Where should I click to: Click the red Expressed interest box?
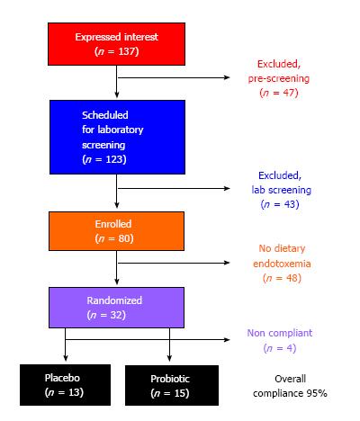click(x=116, y=44)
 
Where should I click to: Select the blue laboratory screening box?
click(x=117, y=137)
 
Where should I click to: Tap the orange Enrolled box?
click(x=116, y=231)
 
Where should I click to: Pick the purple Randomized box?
click(x=116, y=308)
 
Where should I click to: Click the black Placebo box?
click(x=65, y=385)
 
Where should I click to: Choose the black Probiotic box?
click(x=172, y=385)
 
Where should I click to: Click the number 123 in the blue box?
click(x=114, y=159)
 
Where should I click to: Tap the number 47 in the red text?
click(x=289, y=93)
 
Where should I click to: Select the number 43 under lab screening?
click(x=290, y=204)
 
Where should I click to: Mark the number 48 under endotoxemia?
click(x=292, y=278)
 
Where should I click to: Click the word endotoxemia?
click(x=282, y=264)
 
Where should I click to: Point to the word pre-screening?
click(x=279, y=78)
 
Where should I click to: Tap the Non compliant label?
click(x=280, y=333)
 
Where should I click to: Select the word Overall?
click(x=290, y=379)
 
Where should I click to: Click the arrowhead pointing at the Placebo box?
click(x=66, y=358)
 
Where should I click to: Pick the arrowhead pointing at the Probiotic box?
click(x=169, y=358)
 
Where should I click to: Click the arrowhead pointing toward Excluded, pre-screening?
click(x=227, y=77)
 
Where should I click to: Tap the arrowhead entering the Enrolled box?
click(x=117, y=205)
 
